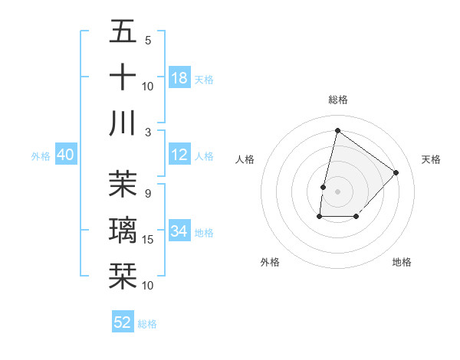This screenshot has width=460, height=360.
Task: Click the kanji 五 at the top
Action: tap(123, 32)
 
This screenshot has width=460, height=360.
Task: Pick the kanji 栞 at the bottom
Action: tap(123, 275)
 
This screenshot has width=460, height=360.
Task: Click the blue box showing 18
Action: tap(179, 78)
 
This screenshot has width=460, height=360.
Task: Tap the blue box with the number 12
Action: tap(179, 155)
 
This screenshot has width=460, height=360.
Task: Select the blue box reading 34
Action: tap(179, 231)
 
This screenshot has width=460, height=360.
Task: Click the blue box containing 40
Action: tap(66, 155)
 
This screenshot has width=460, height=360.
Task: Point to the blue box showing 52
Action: tap(123, 322)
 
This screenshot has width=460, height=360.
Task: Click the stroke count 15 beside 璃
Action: tap(148, 240)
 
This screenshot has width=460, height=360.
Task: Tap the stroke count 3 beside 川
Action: tap(149, 132)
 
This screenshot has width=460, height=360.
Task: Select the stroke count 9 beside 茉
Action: tap(147, 194)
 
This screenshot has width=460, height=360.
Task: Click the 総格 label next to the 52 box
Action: tap(148, 324)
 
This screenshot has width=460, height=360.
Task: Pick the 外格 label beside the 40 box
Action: tap(41, 156)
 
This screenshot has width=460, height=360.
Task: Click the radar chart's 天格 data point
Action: tap(396, 172)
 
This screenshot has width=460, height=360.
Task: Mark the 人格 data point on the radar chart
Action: tap(324, 187)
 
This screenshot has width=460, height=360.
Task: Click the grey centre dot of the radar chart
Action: tap(337, 191)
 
